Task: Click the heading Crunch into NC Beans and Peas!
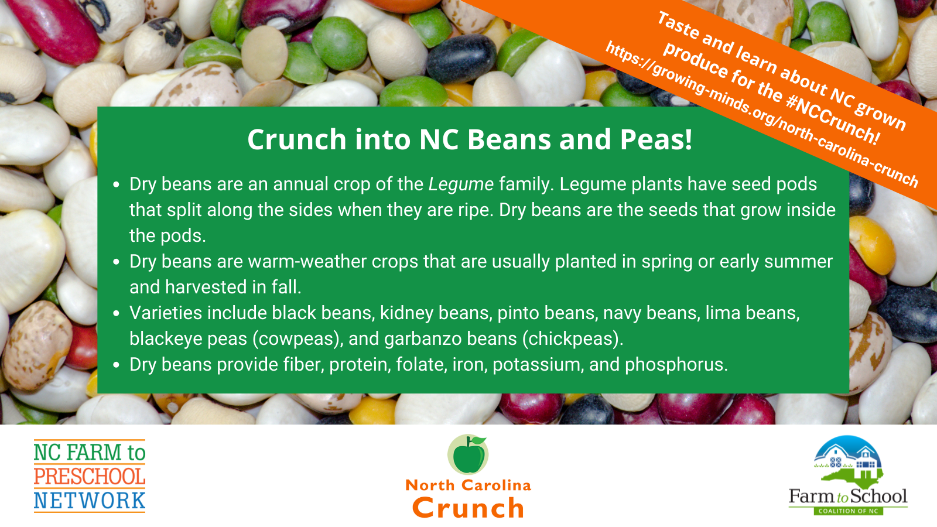[469, 139]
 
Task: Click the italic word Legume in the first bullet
[461, 184]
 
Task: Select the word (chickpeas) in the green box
[572, 339]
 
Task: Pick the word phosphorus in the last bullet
[676, 365]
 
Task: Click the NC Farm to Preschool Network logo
[90, 476]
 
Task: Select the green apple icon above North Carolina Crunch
[468, 454]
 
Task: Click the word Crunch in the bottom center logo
[468, 508]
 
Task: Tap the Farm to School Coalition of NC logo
[848, 475]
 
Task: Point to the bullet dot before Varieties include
[117, 314]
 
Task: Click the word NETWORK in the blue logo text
[90, 501]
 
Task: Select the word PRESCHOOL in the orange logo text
[90, 477]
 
